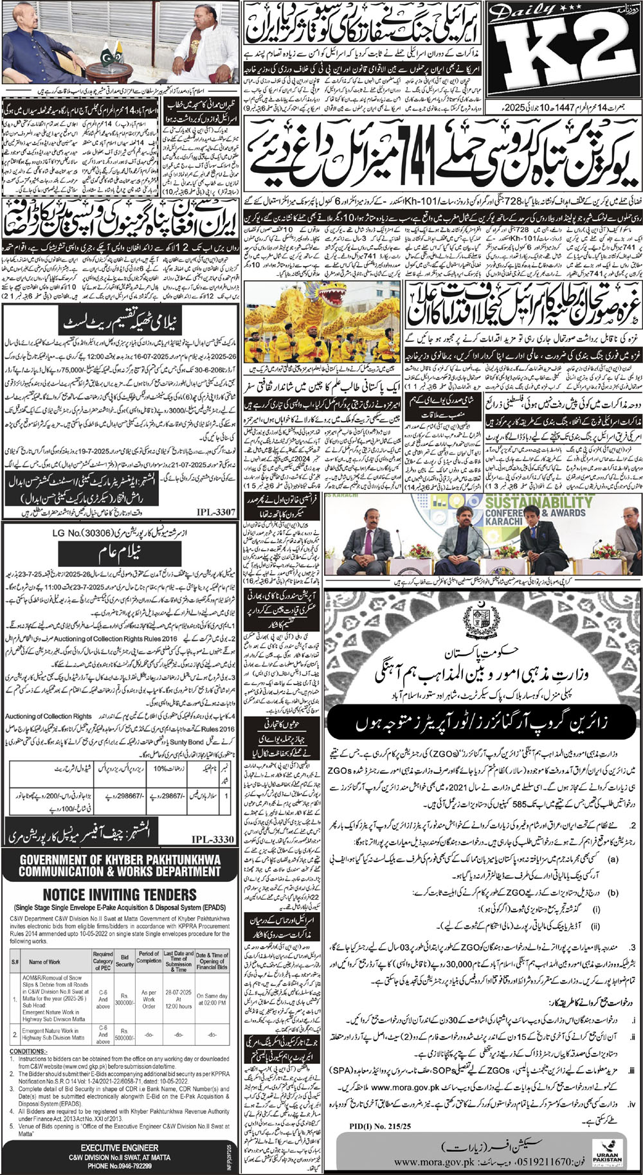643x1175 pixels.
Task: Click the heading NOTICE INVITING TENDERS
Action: pyautogui.click(x=120, y=895)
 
